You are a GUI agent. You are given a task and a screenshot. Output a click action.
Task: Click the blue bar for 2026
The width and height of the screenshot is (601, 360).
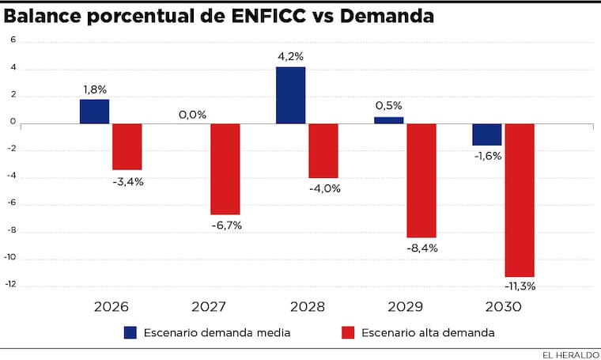[94, 112]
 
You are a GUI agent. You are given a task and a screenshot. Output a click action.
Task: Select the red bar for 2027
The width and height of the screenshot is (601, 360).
[225, 169]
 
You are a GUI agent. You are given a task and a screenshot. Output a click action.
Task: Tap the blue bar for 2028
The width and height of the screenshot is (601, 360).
[290, 95]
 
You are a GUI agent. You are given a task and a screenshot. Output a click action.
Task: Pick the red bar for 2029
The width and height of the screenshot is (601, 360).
[421, 180]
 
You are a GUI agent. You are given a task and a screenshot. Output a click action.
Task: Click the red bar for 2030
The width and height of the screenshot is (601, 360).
[520, 199]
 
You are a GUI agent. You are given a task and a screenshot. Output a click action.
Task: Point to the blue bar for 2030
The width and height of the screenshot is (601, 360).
[487, 135]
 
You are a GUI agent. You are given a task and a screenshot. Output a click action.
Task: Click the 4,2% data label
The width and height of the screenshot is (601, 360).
[290, 56]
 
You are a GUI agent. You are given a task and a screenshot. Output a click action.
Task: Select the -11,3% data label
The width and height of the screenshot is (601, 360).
[520, 286]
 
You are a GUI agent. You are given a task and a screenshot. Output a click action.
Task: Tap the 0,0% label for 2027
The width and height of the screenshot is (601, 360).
[192, 115]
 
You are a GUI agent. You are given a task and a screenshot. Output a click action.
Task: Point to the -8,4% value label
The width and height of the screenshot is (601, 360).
[421, 248]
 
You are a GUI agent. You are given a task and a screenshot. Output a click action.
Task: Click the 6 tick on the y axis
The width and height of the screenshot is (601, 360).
[13, 40]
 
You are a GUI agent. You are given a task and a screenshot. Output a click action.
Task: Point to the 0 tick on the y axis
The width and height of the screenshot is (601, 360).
[13, 122]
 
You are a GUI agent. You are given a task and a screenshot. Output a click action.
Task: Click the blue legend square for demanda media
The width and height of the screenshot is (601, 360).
[131, 332]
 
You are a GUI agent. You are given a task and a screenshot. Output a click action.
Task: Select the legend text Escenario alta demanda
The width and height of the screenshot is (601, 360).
[428, 333]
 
